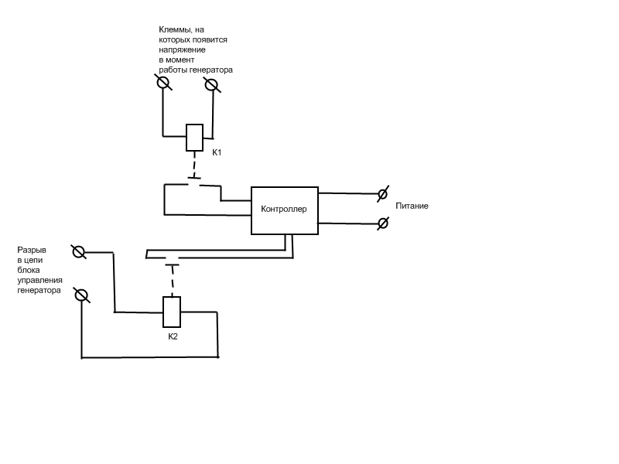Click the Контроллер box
click(284, 210)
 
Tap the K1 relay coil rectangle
click(194, 138)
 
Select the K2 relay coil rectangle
click(172, 312)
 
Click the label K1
click(217, 152)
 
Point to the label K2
click(173, 336)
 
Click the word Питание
click(412, 206)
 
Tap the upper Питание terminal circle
click(382, 194)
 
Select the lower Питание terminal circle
click(382, 223)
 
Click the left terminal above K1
click(163, 83)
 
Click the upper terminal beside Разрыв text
click(78, 251)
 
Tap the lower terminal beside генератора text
click(81, 295)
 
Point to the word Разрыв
click(32, 251)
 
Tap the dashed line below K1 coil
click(194, 165)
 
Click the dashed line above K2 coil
click(172, 281)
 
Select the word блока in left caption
click(28, 271)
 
